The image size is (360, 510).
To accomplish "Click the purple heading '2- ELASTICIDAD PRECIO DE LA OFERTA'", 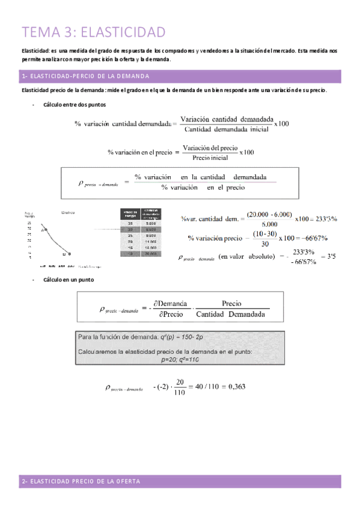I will tap(81, 482).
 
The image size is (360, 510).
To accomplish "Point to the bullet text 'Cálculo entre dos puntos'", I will tap(72, 105).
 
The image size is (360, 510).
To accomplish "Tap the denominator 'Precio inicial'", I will tap(210, 158).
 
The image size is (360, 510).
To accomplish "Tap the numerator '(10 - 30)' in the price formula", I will tap(265, 233).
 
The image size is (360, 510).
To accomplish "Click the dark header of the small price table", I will tap(141, 215).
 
